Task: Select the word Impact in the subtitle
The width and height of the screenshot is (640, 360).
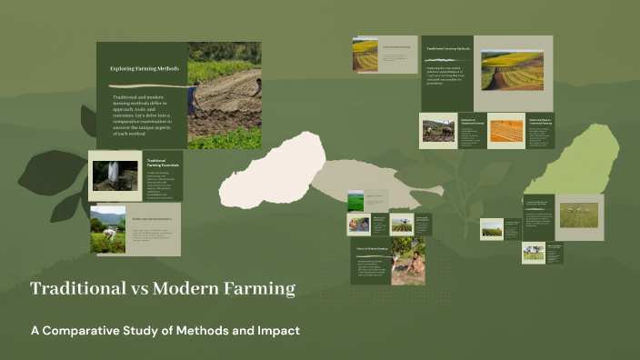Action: pyautogui.click(x=277, y=329)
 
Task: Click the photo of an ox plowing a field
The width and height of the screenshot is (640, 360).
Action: pyautogui.click(x=438, y=130)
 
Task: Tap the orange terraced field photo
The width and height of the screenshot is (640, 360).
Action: pyautogui.click(x=506, y=131)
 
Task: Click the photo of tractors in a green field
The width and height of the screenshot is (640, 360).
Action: pyautogui.click(x=491, y=230)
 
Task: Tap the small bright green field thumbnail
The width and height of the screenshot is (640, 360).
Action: pyautogui.click(x=356, y=199)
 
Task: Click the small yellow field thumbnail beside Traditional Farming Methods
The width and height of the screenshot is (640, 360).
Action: pyautogui.click(x=365, y=54)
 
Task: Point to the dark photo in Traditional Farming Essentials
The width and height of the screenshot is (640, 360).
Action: pyautogui.click(x=115, y=175)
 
